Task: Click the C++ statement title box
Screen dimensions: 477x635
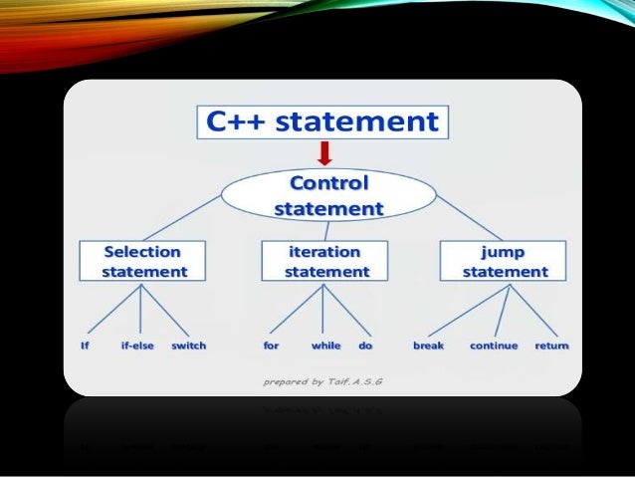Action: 321,121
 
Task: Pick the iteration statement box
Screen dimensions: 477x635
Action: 324,261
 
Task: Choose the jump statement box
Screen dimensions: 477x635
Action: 504,261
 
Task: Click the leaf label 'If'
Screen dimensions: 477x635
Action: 85,346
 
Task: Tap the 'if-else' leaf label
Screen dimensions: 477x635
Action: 137,346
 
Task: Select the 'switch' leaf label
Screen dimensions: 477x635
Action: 189,346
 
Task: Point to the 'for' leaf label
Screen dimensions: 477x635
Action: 271,346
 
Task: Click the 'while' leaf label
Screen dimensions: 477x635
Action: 325,346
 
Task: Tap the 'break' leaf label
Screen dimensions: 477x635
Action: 428,346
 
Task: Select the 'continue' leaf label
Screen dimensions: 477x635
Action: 494,346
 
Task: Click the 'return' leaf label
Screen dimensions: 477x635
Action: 551,346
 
